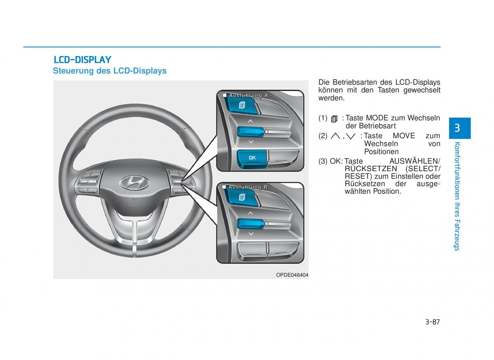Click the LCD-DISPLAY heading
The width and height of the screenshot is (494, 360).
point(82,60)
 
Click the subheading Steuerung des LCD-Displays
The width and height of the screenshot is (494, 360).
point(110,71)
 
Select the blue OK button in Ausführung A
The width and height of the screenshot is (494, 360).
point(252,158)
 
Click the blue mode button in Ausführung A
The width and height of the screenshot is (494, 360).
point(242,106)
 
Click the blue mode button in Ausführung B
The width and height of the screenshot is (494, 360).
point(242,197)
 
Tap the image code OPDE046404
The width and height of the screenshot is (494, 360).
point(292,275)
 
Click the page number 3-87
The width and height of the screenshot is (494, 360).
point(432,322)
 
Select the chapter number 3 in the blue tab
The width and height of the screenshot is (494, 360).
point(458,128)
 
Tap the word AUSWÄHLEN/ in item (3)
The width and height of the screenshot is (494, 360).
point(415,161)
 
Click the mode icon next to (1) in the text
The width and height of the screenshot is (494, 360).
point(334,119)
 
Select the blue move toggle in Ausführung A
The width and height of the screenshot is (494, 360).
point(251,132)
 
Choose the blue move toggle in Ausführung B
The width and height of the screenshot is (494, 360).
point(251,224)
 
